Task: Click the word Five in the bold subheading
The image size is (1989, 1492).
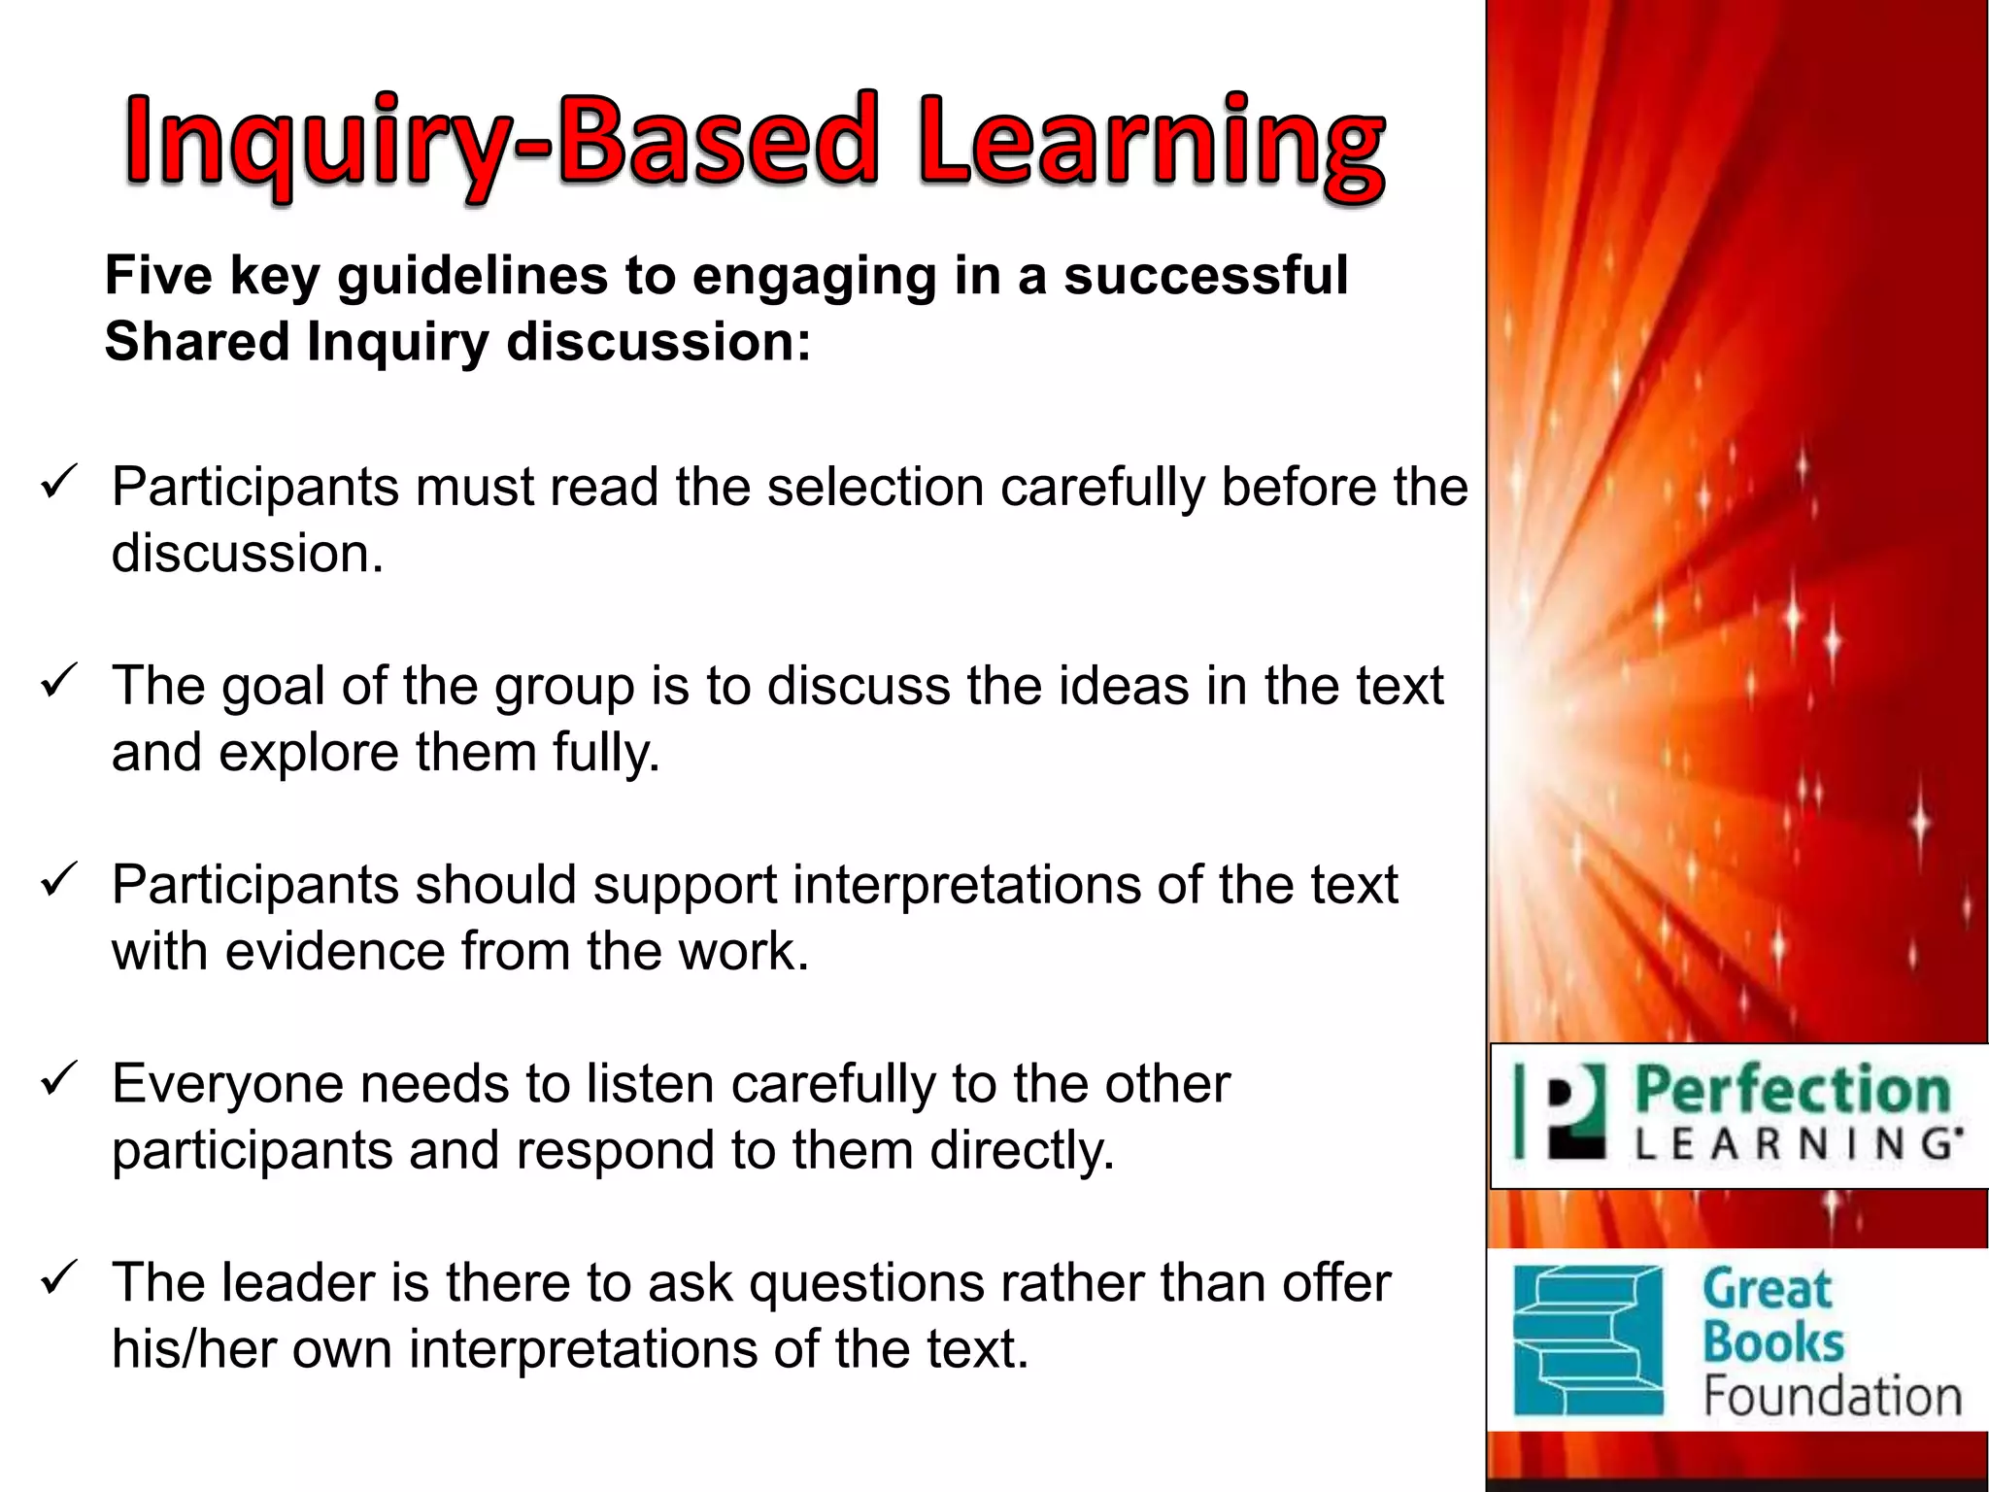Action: click(158, 276)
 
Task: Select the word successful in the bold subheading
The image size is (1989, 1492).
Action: click(1205, 276)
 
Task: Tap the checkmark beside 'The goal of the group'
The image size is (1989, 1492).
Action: click(58, 680)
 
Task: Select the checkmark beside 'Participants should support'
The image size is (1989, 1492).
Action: click(58, 879)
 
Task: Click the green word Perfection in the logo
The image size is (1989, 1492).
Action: click(1792, 1090)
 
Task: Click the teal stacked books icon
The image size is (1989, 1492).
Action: click(1589, 1340)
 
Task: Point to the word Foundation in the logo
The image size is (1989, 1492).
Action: click(1832, 1397)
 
